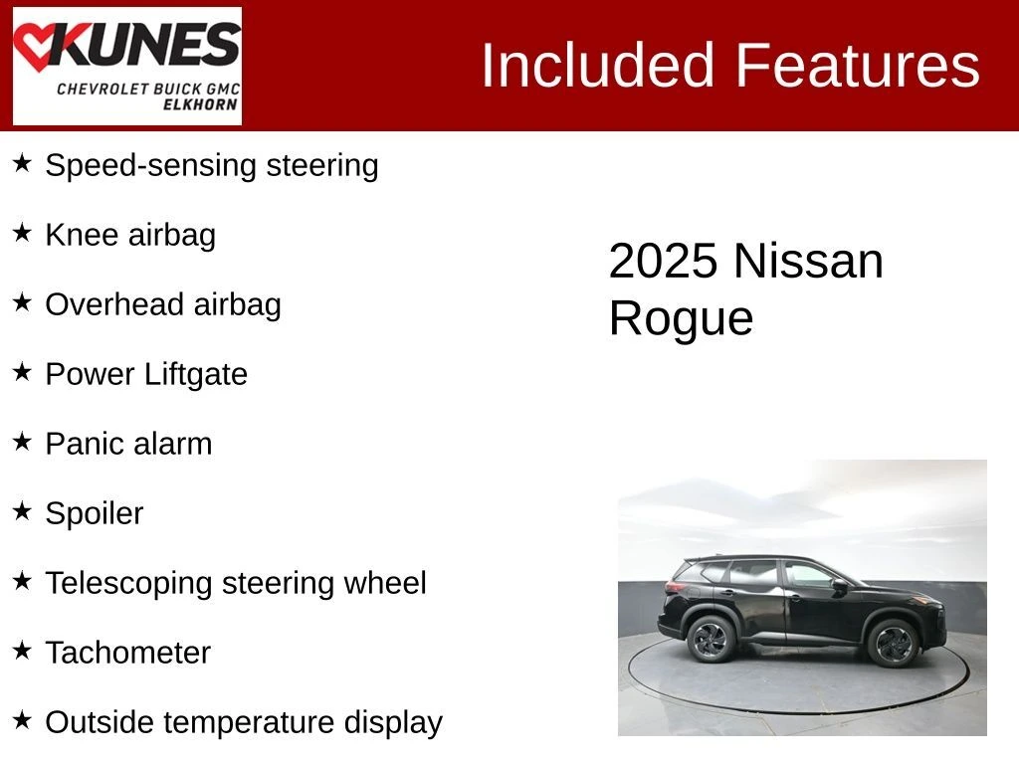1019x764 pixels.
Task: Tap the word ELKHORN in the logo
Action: click(200, 104)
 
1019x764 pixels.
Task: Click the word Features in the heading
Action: click(857, 65)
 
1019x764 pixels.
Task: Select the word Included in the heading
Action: click(597, 65)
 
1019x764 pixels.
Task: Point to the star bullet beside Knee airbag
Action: click(22, 233)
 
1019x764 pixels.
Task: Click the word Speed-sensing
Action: click(151, 166)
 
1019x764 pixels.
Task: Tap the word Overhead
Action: click(114, 304)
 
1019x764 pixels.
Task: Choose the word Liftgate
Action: click(196, 374)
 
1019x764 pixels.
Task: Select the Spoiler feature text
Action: click(95, 514)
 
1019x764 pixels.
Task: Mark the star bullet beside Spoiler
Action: click(22, 510)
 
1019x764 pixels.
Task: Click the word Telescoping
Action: click(128, 583)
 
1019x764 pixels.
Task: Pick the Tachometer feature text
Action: click(128, 653)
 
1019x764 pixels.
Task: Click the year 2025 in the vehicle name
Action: click(663, 262)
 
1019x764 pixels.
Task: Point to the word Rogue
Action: click(681, 318)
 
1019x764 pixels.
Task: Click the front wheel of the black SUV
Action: click(893, 644)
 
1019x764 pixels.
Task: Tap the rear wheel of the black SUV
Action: click(711, 640)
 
